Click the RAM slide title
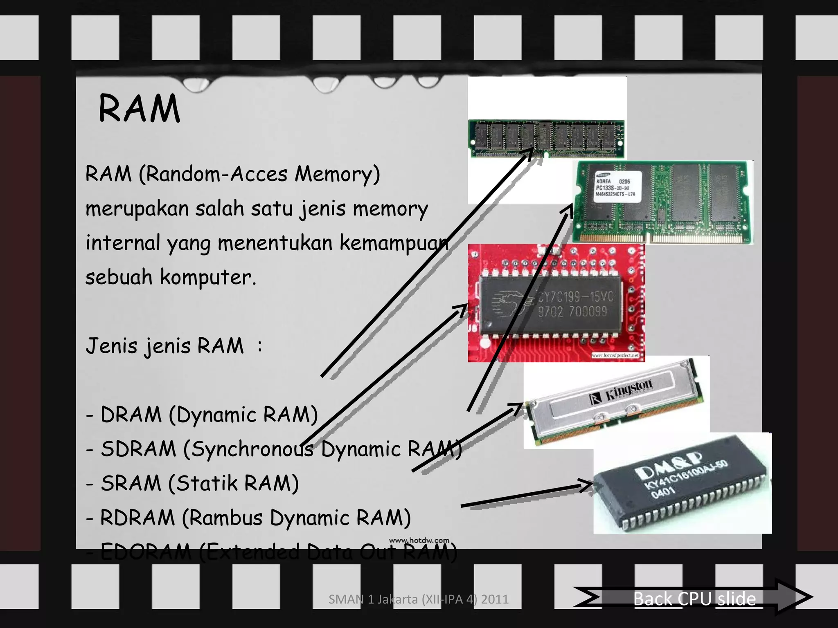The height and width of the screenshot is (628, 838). pos(139,109)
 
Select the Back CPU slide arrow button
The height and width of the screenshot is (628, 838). pos(694,599)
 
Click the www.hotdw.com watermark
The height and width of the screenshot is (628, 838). pos(419,541)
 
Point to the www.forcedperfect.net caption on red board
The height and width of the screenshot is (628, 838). pos(615,355)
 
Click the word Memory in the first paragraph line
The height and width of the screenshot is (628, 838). pos(337,174)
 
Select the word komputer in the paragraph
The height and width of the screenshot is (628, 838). pos(208,277)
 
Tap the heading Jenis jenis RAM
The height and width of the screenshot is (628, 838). pos(164,346)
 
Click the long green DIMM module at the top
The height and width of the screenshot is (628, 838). pos(547,138)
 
